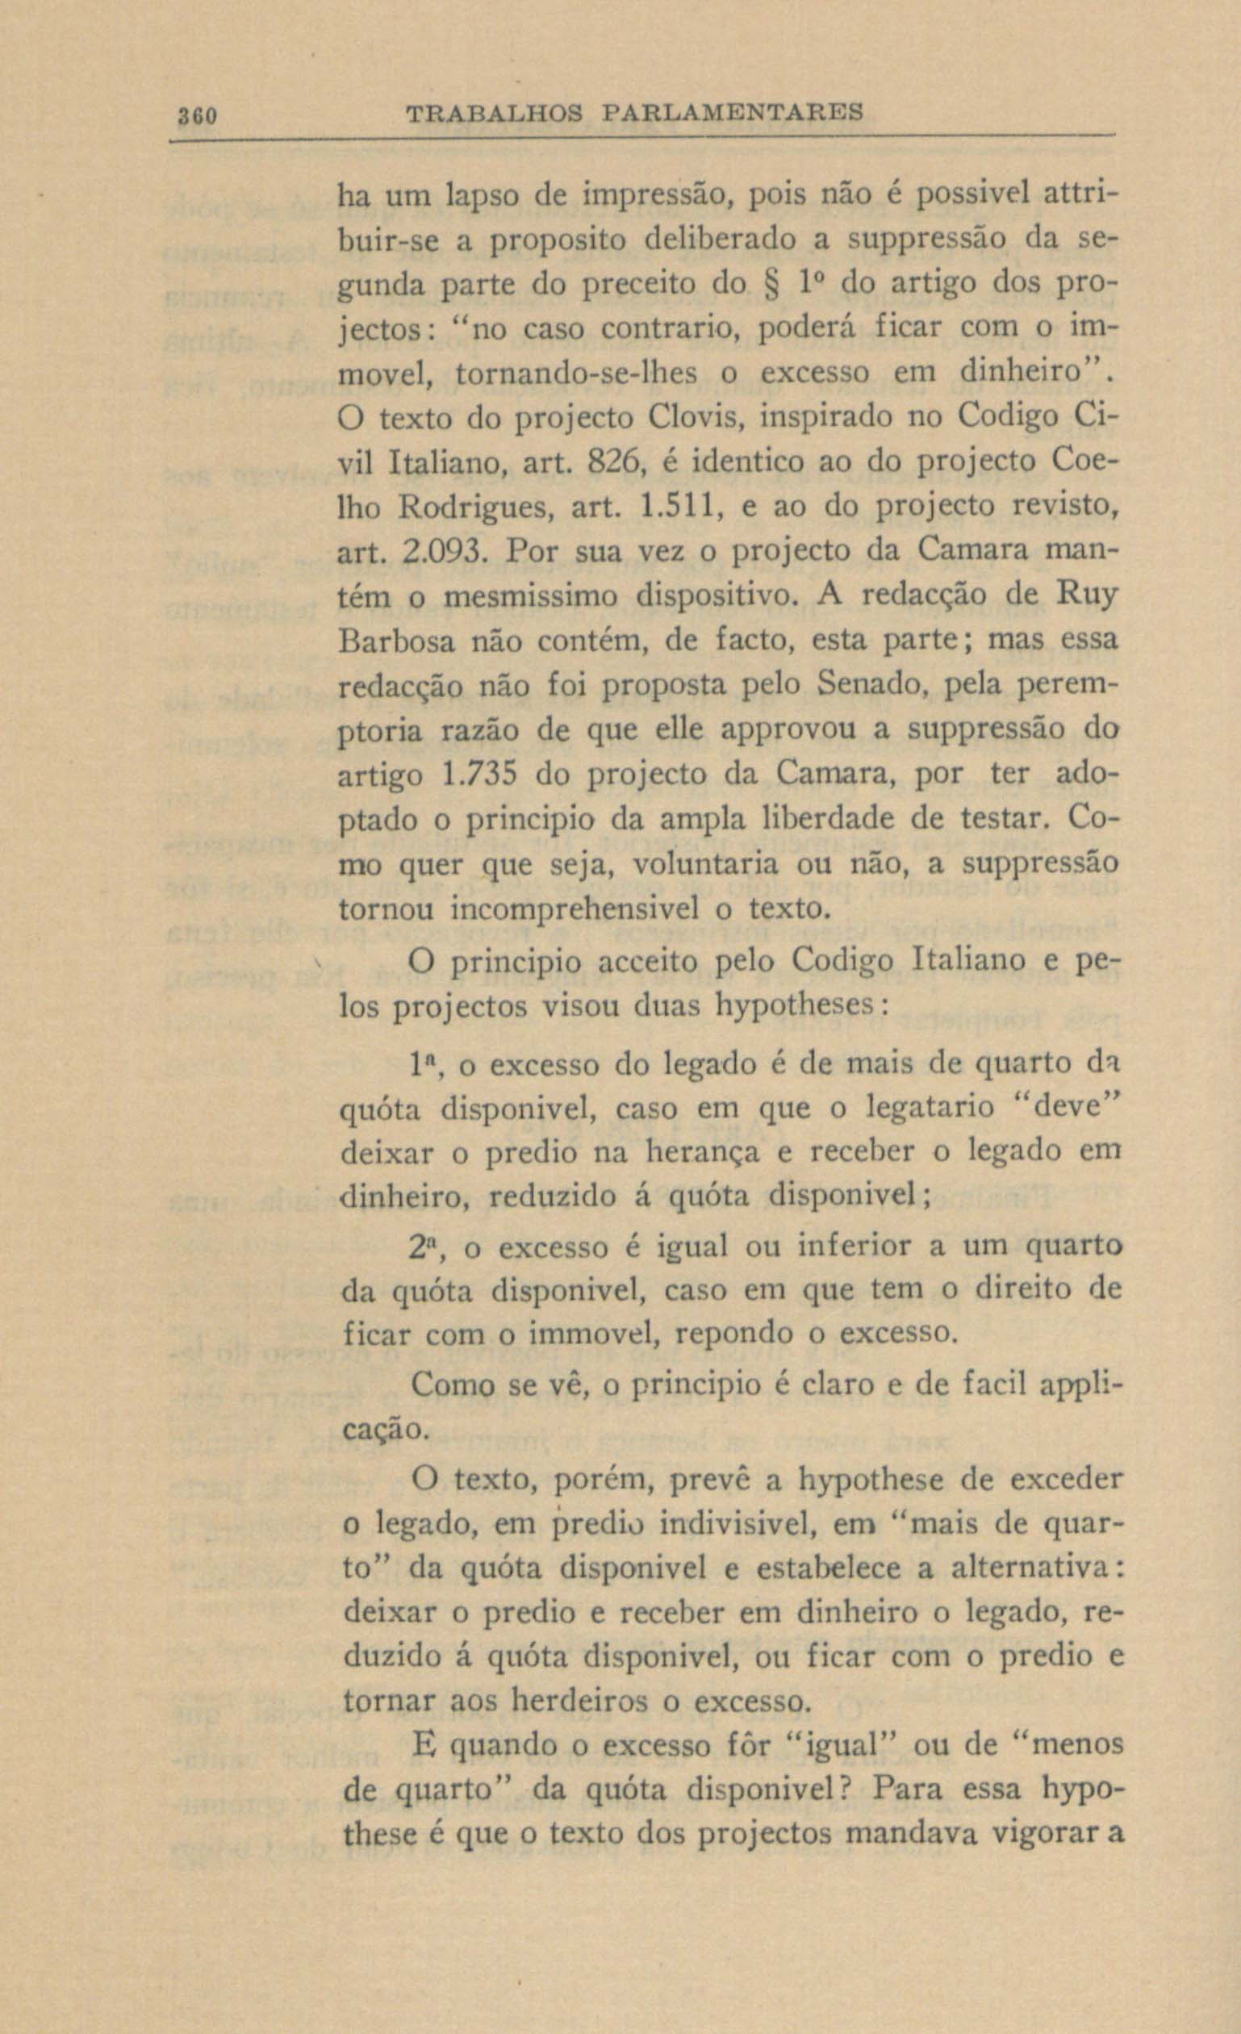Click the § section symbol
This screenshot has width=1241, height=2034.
[772, 286]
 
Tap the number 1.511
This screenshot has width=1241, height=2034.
[674, 507]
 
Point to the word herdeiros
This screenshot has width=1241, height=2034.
[583, 1702]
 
